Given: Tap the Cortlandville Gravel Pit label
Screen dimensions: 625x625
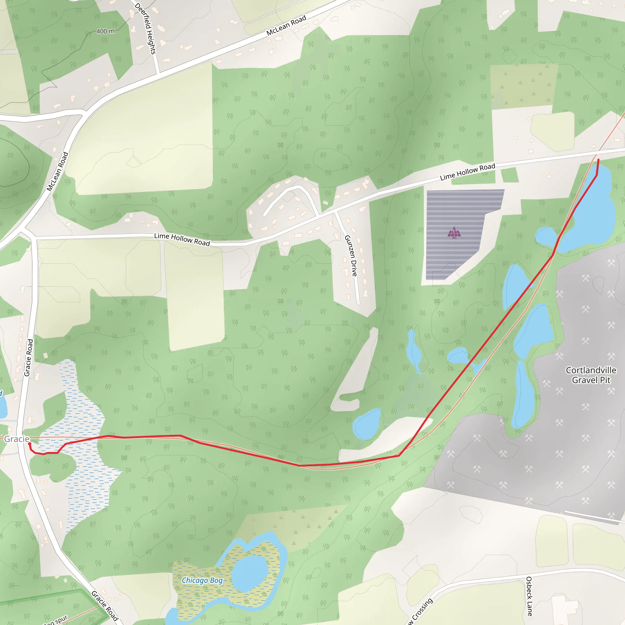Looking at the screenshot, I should click(x=591, y=375).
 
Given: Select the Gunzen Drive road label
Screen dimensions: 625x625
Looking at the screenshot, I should click(x=351, y=255).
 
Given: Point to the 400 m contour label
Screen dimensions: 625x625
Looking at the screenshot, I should click(x=106, y=31).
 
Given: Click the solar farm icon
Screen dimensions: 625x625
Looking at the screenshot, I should click(x=454, y=232).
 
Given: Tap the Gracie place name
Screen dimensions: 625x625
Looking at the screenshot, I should click(x=16, y=439).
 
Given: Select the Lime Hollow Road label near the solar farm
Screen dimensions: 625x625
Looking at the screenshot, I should click(x=468, y=172).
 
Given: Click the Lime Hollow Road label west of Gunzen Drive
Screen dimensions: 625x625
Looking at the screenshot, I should click(x=182, y=239).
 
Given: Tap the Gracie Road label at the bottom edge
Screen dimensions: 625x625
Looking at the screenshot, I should click(x=104, y=605).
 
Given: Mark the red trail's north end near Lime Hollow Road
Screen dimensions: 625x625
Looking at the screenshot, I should click(x=598, y=160).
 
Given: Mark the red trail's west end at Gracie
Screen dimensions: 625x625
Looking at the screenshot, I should click(x=30, y=444).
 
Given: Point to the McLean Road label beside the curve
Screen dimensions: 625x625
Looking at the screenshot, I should click(x=57, y=172).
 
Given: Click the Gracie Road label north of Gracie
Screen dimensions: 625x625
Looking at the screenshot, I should click(x=28, y=357).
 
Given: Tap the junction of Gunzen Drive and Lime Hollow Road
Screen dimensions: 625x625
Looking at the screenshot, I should click(x=335, y=211).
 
